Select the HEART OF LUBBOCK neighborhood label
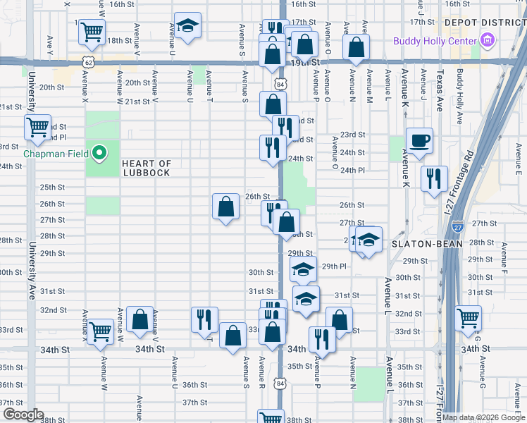coord(147,168)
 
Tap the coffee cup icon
coord(420,140)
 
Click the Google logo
coord(23,415)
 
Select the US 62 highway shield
coord(87,62)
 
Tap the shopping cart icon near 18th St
coord(92,31)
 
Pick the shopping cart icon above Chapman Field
coord(37,127)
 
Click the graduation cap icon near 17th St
coord(187,25)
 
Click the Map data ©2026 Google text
coord(483,417)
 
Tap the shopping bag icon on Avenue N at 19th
coord(356,47)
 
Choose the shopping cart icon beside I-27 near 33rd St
coord(469,317)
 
